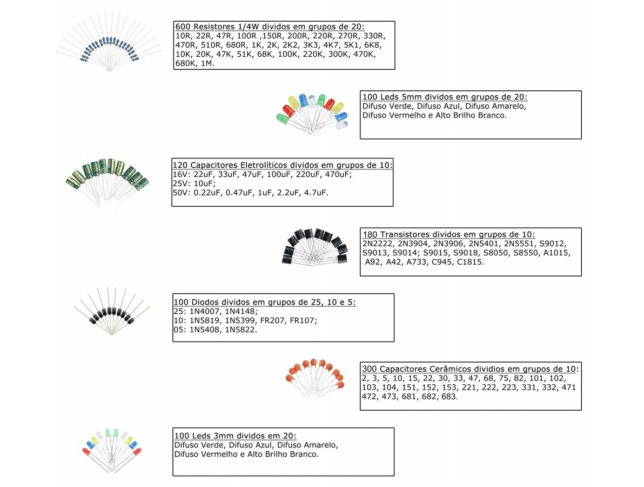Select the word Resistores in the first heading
pyautogui.click(x=213, y=27)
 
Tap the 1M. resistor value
pyautogui.click(x=207, y=63)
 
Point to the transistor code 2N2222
pyautogui.click(x=378, y=243)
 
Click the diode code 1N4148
pyautogui.click(x=241, y=311)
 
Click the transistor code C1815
pyautogui.click(x=470, y=262)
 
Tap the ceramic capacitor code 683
pyautogui.click(x=450, y=397)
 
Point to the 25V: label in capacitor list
pyautogui.click(x=182, y=183)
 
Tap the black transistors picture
pyautogui.click(x=315, y=246)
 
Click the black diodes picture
pyautogui.click(x=112, y=311)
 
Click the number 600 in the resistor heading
pyautogui.click(x=183, y=27)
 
